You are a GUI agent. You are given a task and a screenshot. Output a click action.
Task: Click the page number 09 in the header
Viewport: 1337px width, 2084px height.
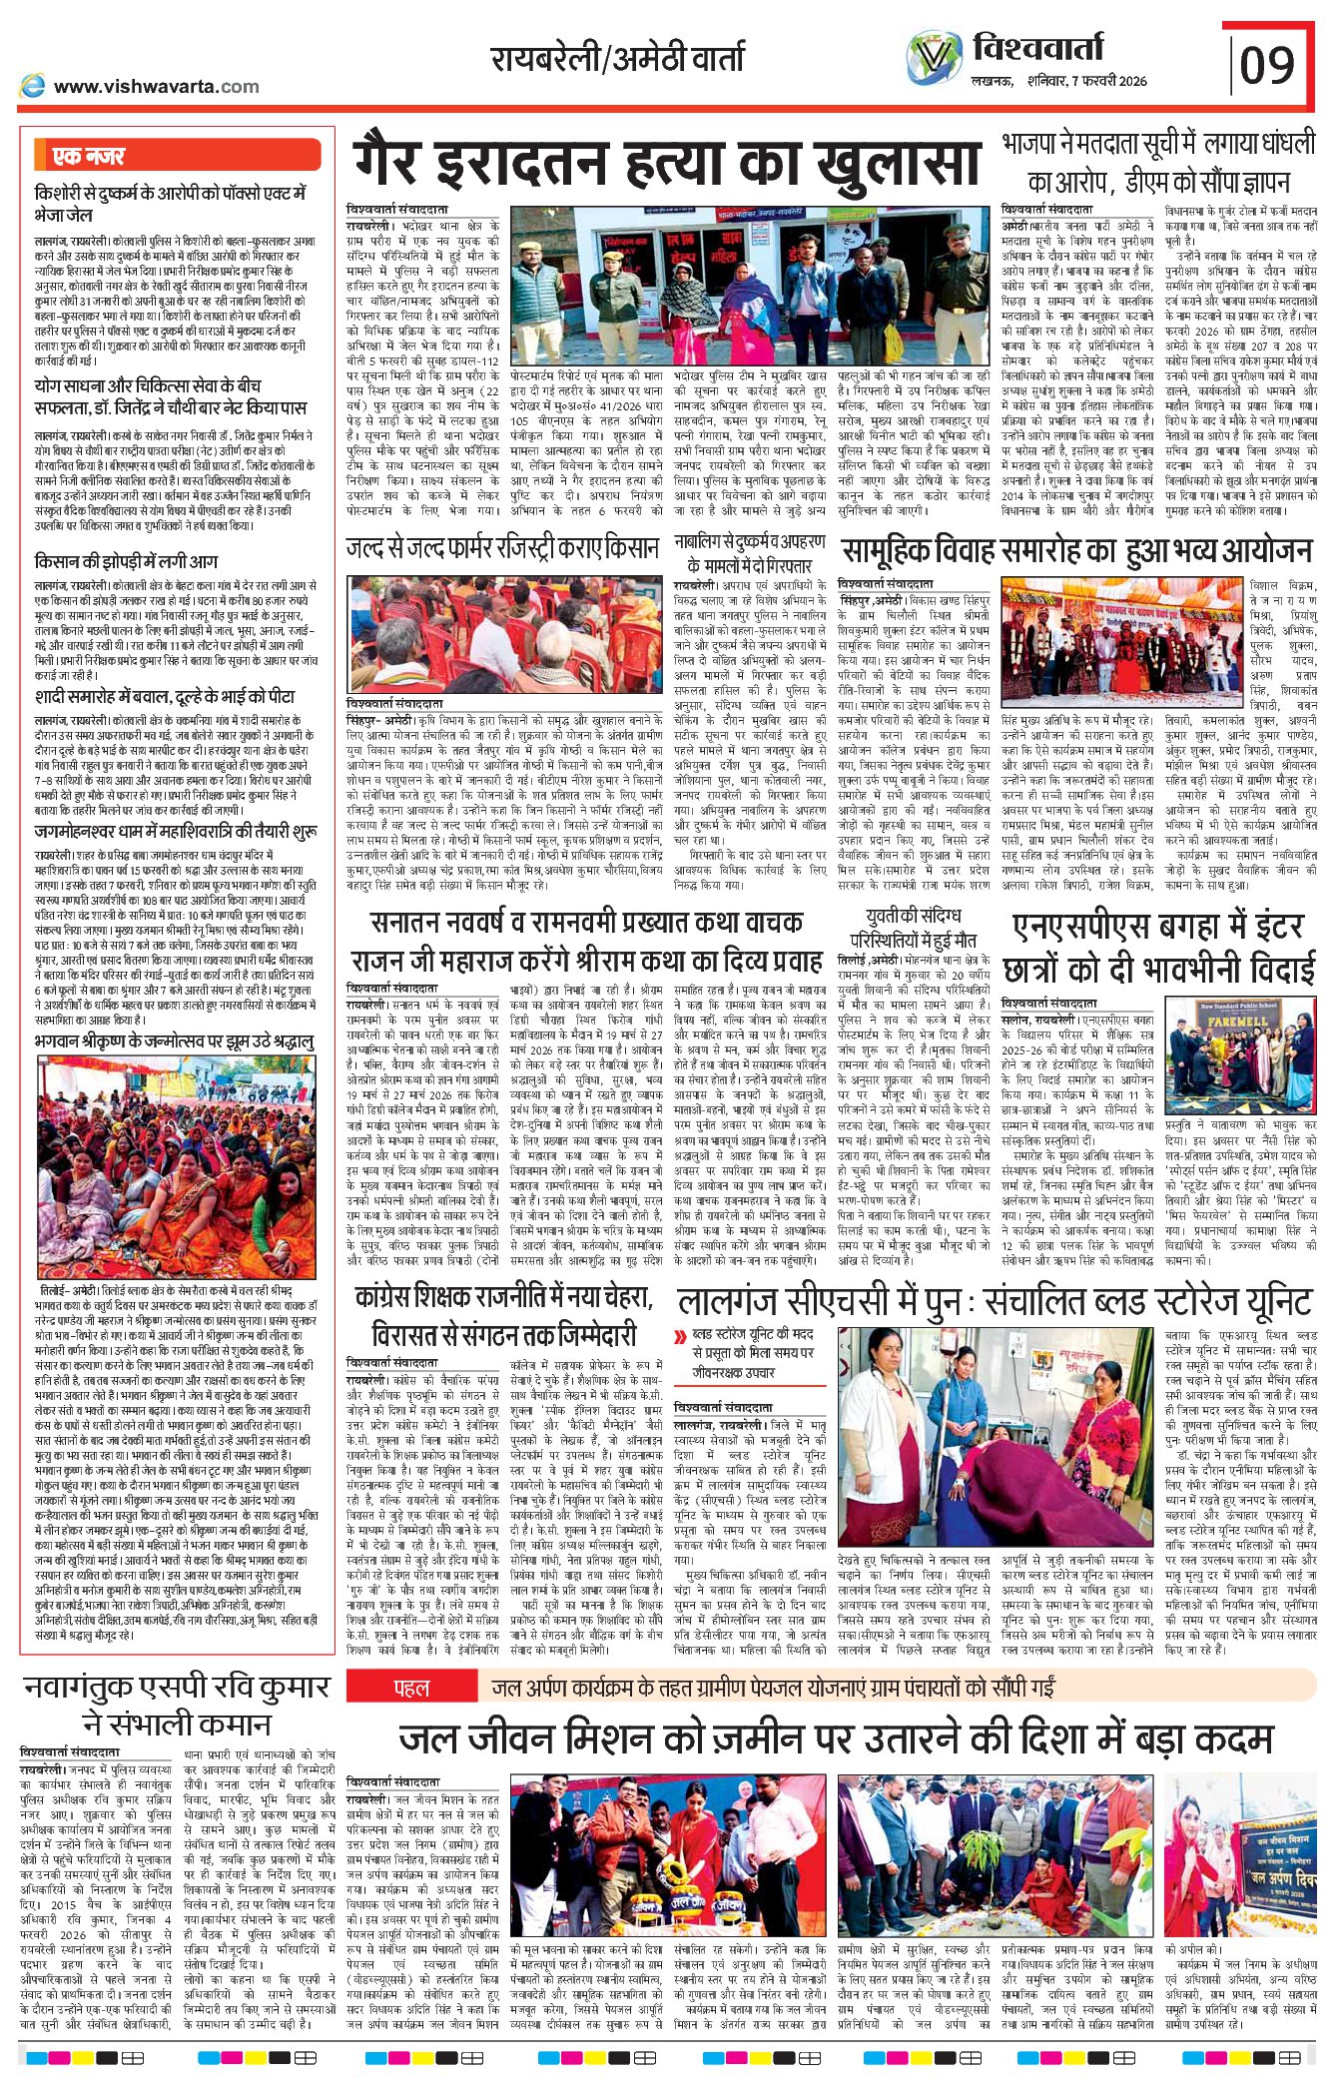[x=1267, y=65]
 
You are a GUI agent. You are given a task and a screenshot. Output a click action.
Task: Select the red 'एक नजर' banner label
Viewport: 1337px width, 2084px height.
[x=90, y=156]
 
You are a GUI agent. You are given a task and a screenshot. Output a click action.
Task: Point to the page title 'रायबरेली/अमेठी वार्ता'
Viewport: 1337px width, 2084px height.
[x=617, y=59]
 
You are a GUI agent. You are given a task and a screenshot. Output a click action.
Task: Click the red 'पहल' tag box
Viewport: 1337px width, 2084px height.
[x=410, y=1689]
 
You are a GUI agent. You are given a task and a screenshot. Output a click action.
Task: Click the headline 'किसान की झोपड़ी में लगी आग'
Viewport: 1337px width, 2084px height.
[x=126, y=561]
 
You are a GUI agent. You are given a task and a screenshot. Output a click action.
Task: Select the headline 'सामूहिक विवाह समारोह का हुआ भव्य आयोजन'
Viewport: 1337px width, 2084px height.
[x=1076, y=551]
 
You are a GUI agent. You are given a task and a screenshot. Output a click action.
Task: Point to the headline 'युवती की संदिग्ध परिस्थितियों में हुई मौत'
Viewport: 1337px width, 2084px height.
[x=913, y=928]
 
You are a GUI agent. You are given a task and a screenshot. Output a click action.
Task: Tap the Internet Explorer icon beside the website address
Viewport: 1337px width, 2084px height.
[x=33, y=86]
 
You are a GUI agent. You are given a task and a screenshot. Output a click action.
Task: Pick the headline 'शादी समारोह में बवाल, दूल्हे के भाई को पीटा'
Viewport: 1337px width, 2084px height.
[x=165, y=696]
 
